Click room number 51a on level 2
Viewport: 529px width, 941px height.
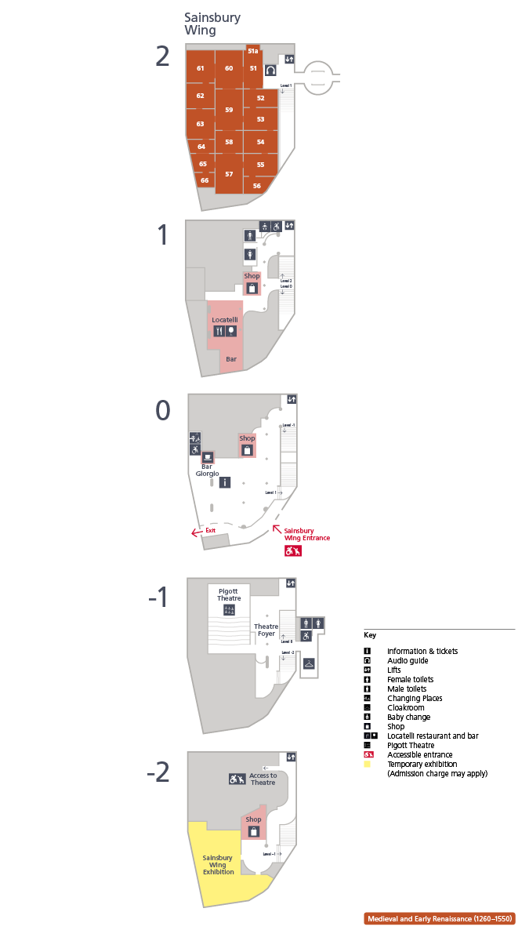[252, 51]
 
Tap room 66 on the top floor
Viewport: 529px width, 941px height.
[205, 180]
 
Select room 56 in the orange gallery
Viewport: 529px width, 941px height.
[256, 186]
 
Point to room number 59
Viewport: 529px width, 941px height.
[229, 110]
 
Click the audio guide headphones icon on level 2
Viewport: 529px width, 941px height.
[270, 71]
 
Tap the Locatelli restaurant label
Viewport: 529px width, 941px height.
[225, 320]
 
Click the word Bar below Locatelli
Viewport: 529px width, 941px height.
[231, 359]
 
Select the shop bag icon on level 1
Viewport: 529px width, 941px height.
[252, 288]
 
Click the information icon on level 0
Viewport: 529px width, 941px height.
[225, 482]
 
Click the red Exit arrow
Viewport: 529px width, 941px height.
[197, 533]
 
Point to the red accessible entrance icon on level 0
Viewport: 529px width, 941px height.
[293, 551]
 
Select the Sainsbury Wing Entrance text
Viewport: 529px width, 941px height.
[306, 534]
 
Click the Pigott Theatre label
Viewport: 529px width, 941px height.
[228, 594]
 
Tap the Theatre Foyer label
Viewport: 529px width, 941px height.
[266, 630]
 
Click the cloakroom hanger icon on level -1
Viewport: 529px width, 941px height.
[310, 663]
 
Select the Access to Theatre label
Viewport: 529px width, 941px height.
[263, 779]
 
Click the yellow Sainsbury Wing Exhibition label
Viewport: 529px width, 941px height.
[219, 865]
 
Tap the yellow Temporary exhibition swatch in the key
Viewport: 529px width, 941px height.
[368, 764]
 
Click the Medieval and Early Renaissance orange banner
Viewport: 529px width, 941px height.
[439, 918]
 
